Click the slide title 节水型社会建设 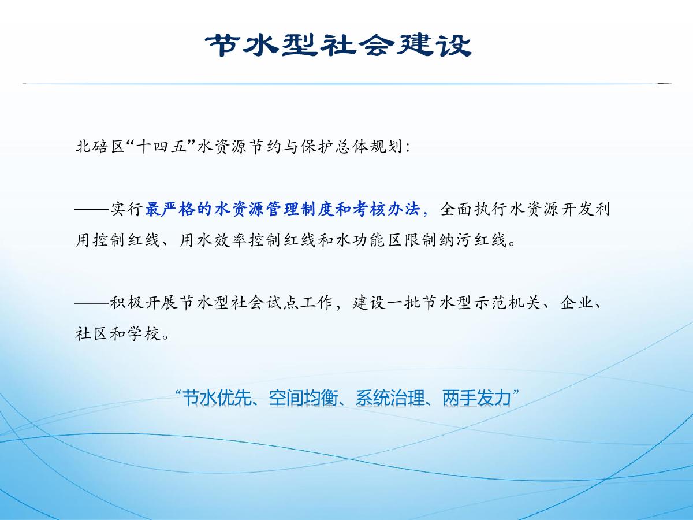338,45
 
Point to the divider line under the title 346,84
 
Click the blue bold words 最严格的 179,209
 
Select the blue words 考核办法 387,209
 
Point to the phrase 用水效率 214,240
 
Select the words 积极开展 144,302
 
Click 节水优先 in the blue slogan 217,398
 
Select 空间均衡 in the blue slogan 304,398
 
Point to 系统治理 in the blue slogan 390,398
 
